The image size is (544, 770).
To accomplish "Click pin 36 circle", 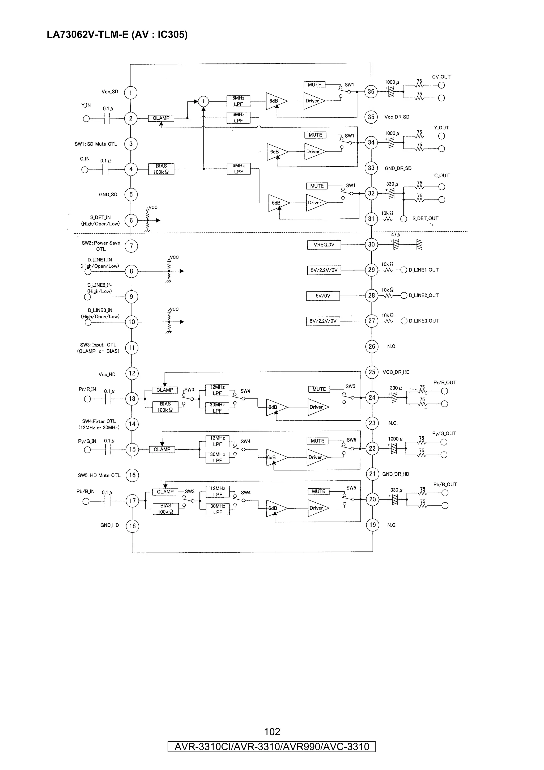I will point(371,91).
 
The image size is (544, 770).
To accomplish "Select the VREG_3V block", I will point(324,245).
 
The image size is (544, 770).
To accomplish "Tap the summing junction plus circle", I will point(203,101).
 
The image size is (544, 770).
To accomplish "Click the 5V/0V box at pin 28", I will point(323,296).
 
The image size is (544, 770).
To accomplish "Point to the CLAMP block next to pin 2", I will point(161,118).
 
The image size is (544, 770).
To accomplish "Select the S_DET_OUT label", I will point(425,218).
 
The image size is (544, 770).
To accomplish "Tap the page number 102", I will point(272,731).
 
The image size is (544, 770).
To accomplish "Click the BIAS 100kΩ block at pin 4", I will point(161,169).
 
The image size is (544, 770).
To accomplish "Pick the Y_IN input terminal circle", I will point(86,119).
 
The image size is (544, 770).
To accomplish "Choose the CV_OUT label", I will point(441,77).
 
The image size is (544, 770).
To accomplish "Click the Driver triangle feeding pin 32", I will point(315,202).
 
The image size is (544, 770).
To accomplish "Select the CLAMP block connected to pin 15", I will point(162,449).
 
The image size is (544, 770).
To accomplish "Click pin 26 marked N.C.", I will point(372,346).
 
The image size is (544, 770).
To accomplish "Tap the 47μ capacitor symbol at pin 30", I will point(397,244).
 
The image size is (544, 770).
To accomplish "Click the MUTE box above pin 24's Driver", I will point(319,389).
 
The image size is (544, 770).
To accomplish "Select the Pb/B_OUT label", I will point(445,484).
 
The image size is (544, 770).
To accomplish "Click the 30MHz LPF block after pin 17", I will point(218,509).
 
